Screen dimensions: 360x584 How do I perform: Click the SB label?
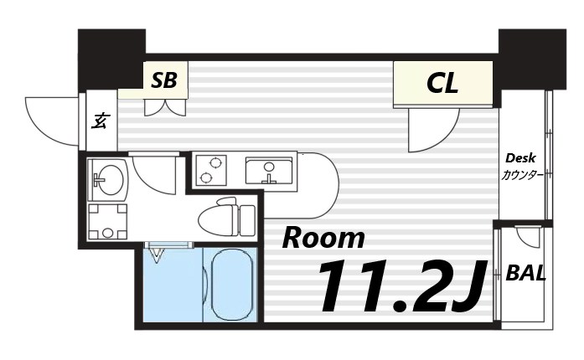point(164,80)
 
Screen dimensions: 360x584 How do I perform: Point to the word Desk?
point(520,159)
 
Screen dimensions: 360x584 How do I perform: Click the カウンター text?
point(522,176)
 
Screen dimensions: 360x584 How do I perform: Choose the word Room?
point(323,238)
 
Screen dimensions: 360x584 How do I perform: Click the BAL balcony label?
point(527,273)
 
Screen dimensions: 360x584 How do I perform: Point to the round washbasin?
point(110,177)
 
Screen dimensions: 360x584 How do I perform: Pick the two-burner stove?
point(210,170)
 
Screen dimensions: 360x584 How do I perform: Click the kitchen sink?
point(269,171)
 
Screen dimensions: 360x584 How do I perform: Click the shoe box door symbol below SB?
point(165,108)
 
